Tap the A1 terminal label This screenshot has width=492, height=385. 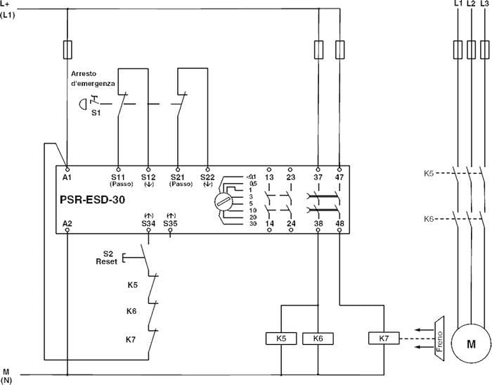67,178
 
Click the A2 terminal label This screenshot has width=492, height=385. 67,223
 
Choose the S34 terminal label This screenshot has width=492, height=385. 148,223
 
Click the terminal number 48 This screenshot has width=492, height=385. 340,223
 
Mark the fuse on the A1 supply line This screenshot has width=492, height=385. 67,49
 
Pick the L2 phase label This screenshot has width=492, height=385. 470,4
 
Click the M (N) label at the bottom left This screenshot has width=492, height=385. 6,374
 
